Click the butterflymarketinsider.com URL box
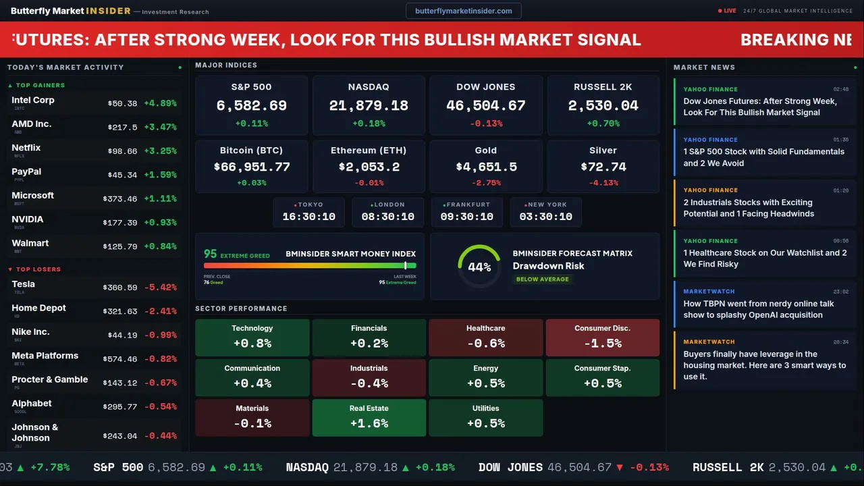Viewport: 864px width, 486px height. (x=464, y=11)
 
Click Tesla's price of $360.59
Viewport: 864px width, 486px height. (x=122, y=288)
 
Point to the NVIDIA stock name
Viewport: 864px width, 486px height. (x=28, y=219)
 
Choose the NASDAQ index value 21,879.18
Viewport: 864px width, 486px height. (x=369, y=105)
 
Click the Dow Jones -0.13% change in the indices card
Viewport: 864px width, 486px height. (x=486, y=124)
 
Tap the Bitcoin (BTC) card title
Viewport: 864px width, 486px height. (x=251, y=151)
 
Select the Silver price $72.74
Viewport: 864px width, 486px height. (x=603, y=167)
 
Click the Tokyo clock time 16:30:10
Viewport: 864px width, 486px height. (x=308, y=217)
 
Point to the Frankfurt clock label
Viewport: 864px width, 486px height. (x=467, y=205)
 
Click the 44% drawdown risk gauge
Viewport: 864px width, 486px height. (x=479, y=267)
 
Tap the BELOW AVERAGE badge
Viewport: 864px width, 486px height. (x=542, y=279)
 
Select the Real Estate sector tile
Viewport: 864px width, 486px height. (x=369, y=417)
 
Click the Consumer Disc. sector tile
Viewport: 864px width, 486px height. (x=602, y=337)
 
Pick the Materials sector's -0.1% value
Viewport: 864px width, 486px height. (x=252, y=423)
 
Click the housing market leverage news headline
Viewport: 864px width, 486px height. (x=764, y=365)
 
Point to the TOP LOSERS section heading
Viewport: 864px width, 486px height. (x=38, y=269)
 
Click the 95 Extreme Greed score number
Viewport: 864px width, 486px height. (x=211, y=254)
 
